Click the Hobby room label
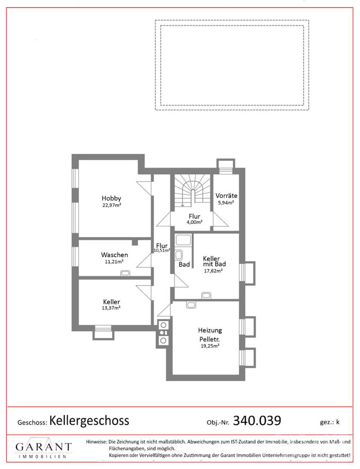pyautogui.click(x=112, y=198)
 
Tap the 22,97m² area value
pyautogui.click(x=112, y=205)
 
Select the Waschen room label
pyautogui.click(x=115, y=254)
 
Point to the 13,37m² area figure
pyautogui.click(x=112, y=308)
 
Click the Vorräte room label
pyautogui.click(x=226, y=195)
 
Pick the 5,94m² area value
pyautogui.click(x=226, y=202)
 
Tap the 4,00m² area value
pyautogui.click(x=194, y=222)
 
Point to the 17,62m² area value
pyautogui.click(x=213, y=270)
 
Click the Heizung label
pyautogui.click(x=210, y=330)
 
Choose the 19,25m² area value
pyautogui.click(x=210, y=346)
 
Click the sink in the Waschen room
pyautogui.click(x=126, y=273)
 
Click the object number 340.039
pyautogui.click(x=257, y=420)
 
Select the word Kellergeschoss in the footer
pyautogui.click(x=89, y=420)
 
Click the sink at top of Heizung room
pyautogui.click(x=191, y=305)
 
